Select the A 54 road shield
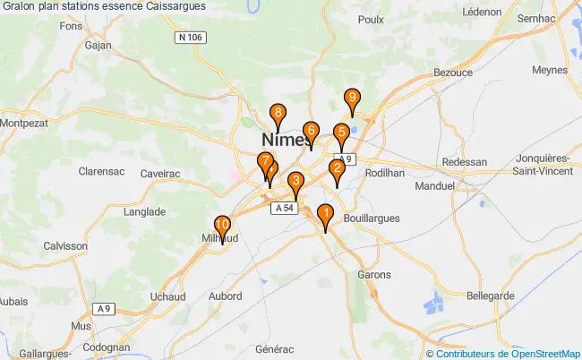pyautogui.click(x=284, y=208)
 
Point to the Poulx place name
pyautogui.click(x=370, y=19)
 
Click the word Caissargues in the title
pyautogui.click(x=172, y=5)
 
